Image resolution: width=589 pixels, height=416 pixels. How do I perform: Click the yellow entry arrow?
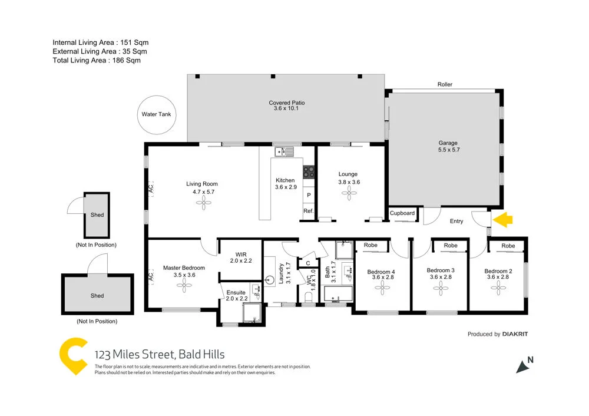coord(503,220)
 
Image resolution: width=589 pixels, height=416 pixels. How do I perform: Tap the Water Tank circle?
coord(156,114)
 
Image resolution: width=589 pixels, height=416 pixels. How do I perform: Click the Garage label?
coord(447,143)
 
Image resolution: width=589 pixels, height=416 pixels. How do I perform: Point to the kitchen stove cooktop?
coord(309,171)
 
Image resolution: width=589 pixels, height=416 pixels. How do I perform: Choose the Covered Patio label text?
coord(287,103)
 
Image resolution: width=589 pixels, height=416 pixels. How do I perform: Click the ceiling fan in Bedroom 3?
coord(440,288)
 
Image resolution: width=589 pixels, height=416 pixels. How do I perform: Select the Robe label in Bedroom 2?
coord(508,246)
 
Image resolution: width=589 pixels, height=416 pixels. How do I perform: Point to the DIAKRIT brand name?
coord(515,334)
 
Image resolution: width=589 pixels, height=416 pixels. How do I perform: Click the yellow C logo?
coord(74,355)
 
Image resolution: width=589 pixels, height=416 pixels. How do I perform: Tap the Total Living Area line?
coord(97,60)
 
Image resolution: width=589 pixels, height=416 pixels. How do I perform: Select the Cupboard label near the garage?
coord(403,213)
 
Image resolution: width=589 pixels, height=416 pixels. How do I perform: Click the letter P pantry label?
coord(309,194)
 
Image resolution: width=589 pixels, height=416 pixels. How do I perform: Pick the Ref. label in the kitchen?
coord(308,211)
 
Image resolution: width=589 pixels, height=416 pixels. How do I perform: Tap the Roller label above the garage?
coord(445,85)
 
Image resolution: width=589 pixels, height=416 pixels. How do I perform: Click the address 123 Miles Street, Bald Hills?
coord(160,355)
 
